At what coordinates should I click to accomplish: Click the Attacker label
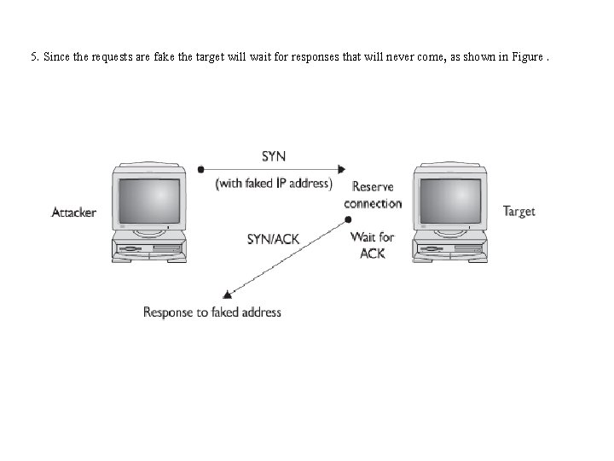[74, 212]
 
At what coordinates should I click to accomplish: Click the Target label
[518, 211]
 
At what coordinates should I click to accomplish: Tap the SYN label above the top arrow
[274, 156]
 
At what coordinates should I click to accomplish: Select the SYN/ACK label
[273, 239]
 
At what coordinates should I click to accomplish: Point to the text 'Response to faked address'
[211, 312]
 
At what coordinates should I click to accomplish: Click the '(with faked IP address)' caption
[273, 183]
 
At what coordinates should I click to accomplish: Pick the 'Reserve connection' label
[373, 195]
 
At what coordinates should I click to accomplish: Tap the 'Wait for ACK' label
[373, 244]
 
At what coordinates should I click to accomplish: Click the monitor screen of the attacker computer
[149, 201]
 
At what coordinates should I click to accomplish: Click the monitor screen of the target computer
[450, 201]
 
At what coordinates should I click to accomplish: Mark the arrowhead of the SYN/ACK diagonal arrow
[226, 294]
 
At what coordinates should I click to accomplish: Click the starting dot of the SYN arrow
[200, 169]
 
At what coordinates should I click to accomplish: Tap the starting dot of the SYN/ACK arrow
[348, 220]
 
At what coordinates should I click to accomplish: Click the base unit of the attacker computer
[149, 250]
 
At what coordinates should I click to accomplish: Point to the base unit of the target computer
[450, 250]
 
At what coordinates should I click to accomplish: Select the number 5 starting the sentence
[33, 58]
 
